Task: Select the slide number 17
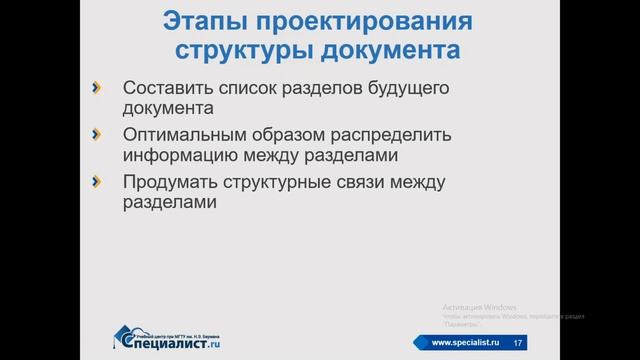coord(517,344)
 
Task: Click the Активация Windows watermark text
coord(477,305)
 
